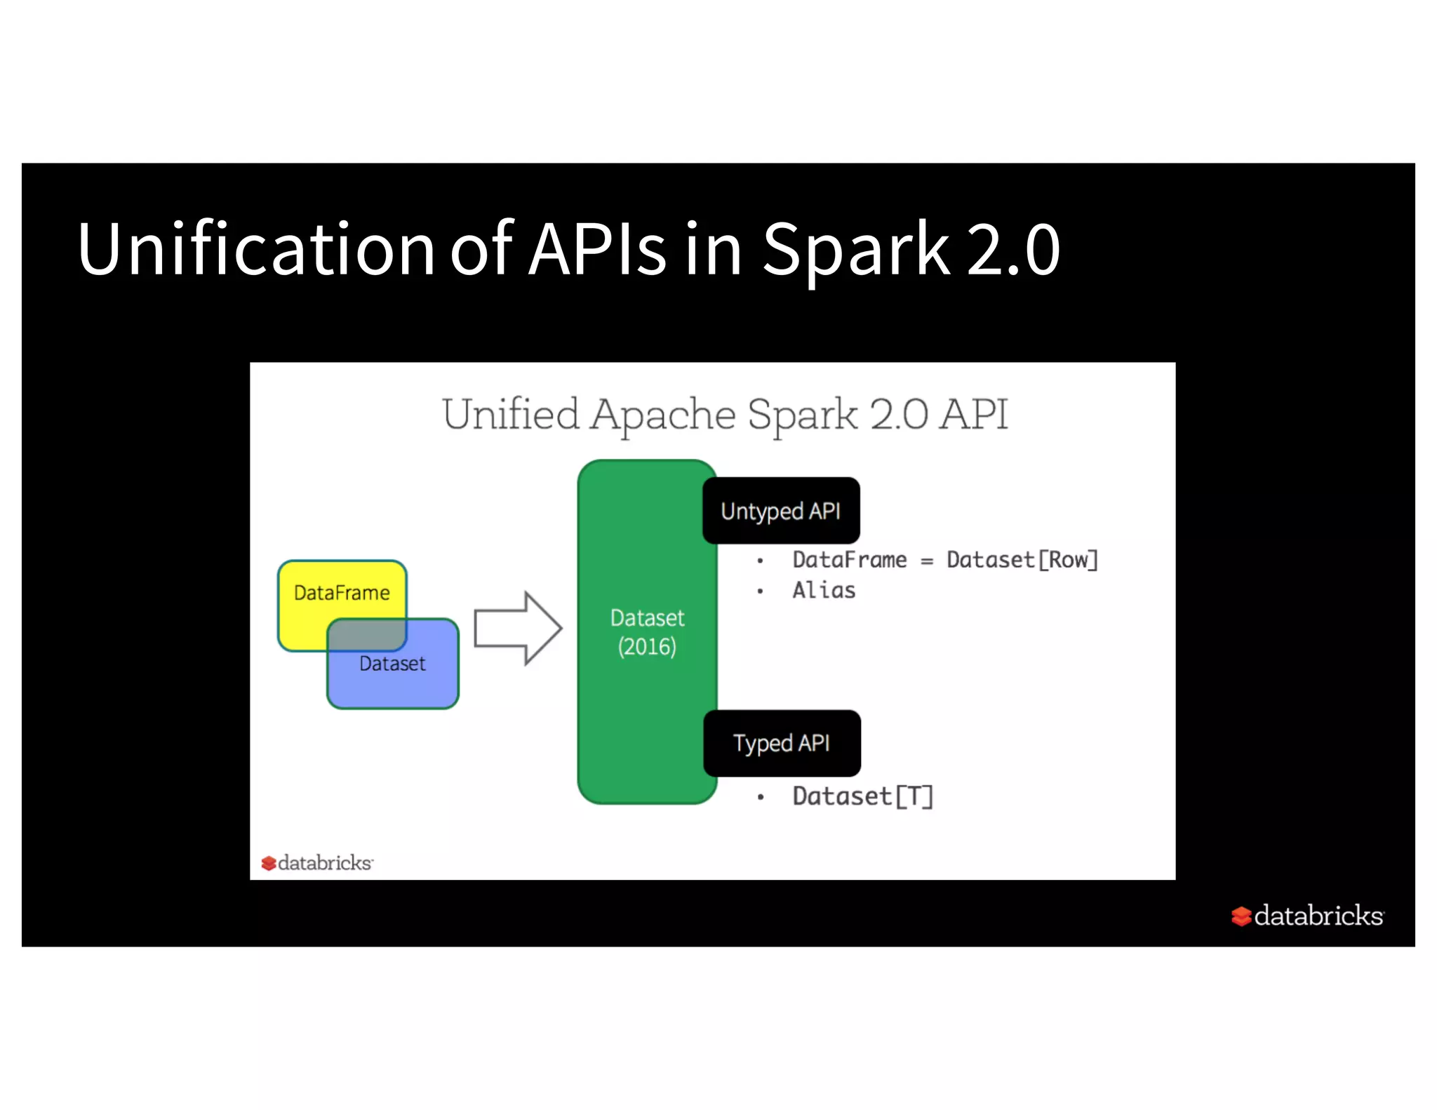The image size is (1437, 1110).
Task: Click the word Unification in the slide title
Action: [x=256, y=249]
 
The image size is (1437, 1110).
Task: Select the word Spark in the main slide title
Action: [x=855, y=249]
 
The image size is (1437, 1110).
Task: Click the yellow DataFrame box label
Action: [x=342, y=593]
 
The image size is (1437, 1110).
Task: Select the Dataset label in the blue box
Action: [x=392, y=664]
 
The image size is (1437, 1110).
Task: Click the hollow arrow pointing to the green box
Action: [x=518, y=628]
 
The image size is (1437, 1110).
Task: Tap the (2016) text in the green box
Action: [x=647, y=646]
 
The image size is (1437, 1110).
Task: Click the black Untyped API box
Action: [x=781, y=511]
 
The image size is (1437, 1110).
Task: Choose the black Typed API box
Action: [x=782, y=743]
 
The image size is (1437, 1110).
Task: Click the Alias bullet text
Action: [x=824, y=591]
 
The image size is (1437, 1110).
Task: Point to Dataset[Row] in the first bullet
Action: [x=1022, y=560]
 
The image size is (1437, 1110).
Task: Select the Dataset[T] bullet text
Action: [x=862, y=796]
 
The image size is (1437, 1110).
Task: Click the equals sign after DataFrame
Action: [x=927, y=561]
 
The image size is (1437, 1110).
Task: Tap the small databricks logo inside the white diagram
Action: [x=317, y=862]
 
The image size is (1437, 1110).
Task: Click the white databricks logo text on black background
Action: [x=1317, y=916]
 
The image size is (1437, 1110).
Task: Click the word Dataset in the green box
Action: [x=647, y=617]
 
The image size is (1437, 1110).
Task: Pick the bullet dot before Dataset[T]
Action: [x=760, y=797]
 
